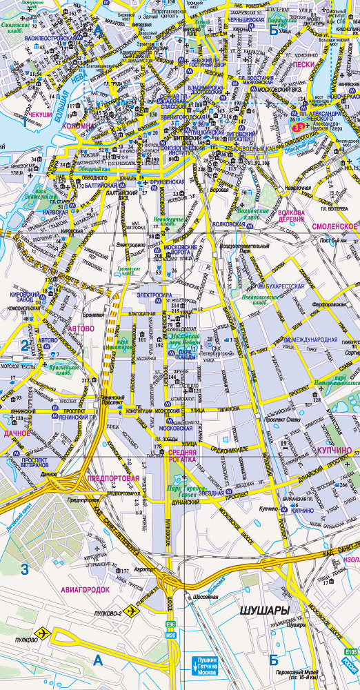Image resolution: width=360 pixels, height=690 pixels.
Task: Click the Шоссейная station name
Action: tap(204, 596)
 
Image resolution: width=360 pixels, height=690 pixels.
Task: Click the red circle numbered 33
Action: tap(298, 128)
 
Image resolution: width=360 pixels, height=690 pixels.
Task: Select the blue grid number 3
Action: tap(25, 569)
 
